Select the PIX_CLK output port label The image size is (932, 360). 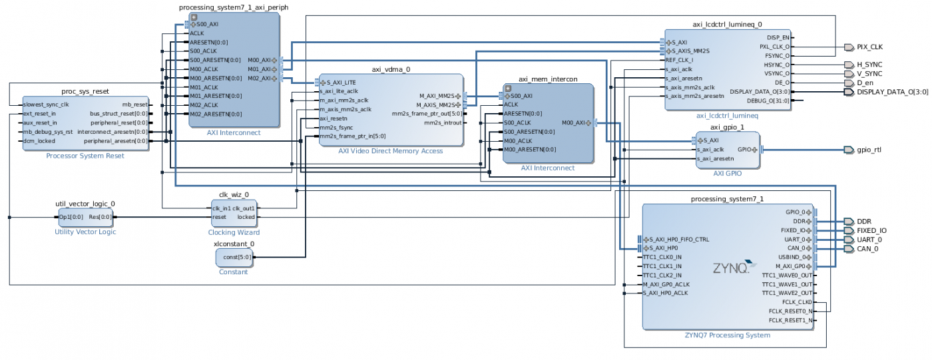click(870, 47)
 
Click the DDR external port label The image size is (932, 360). click(863, 222)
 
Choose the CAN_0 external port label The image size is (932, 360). click(867, 249)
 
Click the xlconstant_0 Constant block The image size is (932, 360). click(234, 258)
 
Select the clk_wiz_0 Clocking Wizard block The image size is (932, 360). click(234, 212)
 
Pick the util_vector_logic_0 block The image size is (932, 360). click(85, 217)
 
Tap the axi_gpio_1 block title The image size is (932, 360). click(727, 127)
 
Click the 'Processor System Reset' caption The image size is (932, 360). click(85, 156)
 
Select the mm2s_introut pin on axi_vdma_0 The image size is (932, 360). click(442, 123)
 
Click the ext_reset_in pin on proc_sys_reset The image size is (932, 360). click(40, 114)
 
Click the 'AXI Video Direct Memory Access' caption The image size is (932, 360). click(390, 151)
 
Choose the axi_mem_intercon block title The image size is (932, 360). click(547, 79)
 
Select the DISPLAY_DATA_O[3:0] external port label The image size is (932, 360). click(892, 92)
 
